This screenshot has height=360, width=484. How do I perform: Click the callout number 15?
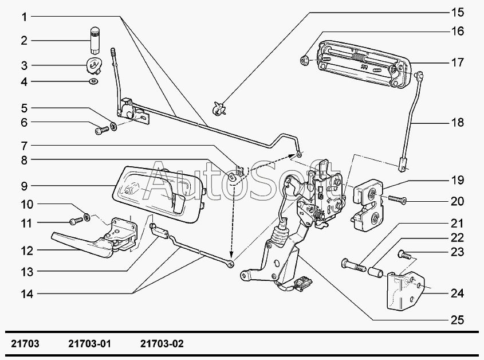click(x=457, y=11)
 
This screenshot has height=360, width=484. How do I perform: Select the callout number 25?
click(x=457, y=319)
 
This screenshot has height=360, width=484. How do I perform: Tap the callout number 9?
click(x=25, y=186)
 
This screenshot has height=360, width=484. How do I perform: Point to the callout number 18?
click(x=457, y=123)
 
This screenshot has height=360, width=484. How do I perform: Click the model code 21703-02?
click(x=162, y=344)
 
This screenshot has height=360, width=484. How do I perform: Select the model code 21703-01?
click(x=89, y=344)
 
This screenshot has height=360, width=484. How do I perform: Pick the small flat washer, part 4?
click(x=93, y=82)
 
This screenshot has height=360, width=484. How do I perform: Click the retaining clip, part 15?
click(x=219, y=107)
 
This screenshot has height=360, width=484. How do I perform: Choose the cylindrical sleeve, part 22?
click(x=376, y=269)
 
